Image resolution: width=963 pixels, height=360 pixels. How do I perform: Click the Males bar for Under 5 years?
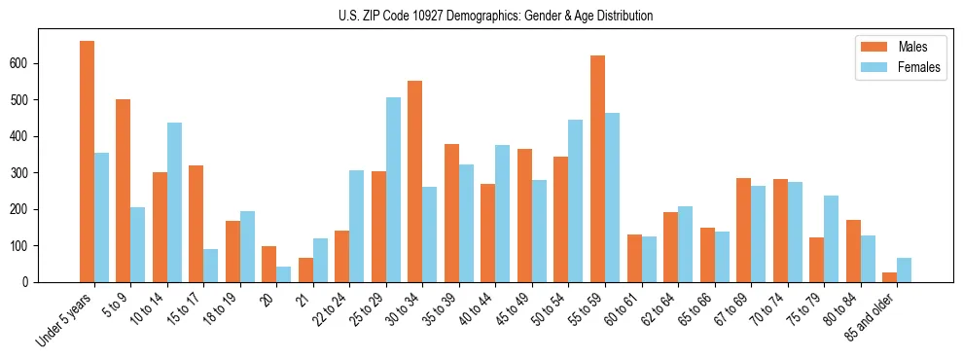(x=87, y=162)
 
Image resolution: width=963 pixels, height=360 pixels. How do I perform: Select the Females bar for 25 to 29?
(x=393, y=190)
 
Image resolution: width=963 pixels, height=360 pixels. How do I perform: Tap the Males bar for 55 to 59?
(x=597, y=168)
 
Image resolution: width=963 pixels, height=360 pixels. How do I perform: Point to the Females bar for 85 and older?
(x=904, y=270)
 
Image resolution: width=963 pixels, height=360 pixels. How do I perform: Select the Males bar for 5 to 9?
(x=124, y=191)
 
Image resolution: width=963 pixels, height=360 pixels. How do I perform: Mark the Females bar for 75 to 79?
(x=831, y=239)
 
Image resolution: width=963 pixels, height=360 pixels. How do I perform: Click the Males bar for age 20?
(x=269, y=265)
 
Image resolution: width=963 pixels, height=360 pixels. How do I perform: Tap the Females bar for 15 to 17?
(x=211, y=266)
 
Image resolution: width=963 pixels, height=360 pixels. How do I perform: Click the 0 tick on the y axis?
(x=33, y=282)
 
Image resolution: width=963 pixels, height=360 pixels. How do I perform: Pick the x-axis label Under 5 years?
(x=66, y=320)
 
